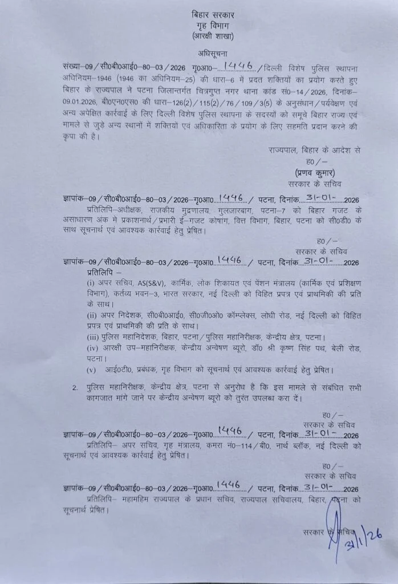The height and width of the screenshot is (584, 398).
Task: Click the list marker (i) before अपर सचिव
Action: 90,283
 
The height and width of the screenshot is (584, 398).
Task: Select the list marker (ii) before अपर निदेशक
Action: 91,315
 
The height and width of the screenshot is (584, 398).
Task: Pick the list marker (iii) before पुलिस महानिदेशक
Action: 92,337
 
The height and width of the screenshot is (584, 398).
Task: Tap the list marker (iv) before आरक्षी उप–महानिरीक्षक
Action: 92,348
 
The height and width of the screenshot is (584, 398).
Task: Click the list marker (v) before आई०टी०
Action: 90,370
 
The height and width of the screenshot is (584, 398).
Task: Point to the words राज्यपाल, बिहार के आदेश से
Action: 314,150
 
